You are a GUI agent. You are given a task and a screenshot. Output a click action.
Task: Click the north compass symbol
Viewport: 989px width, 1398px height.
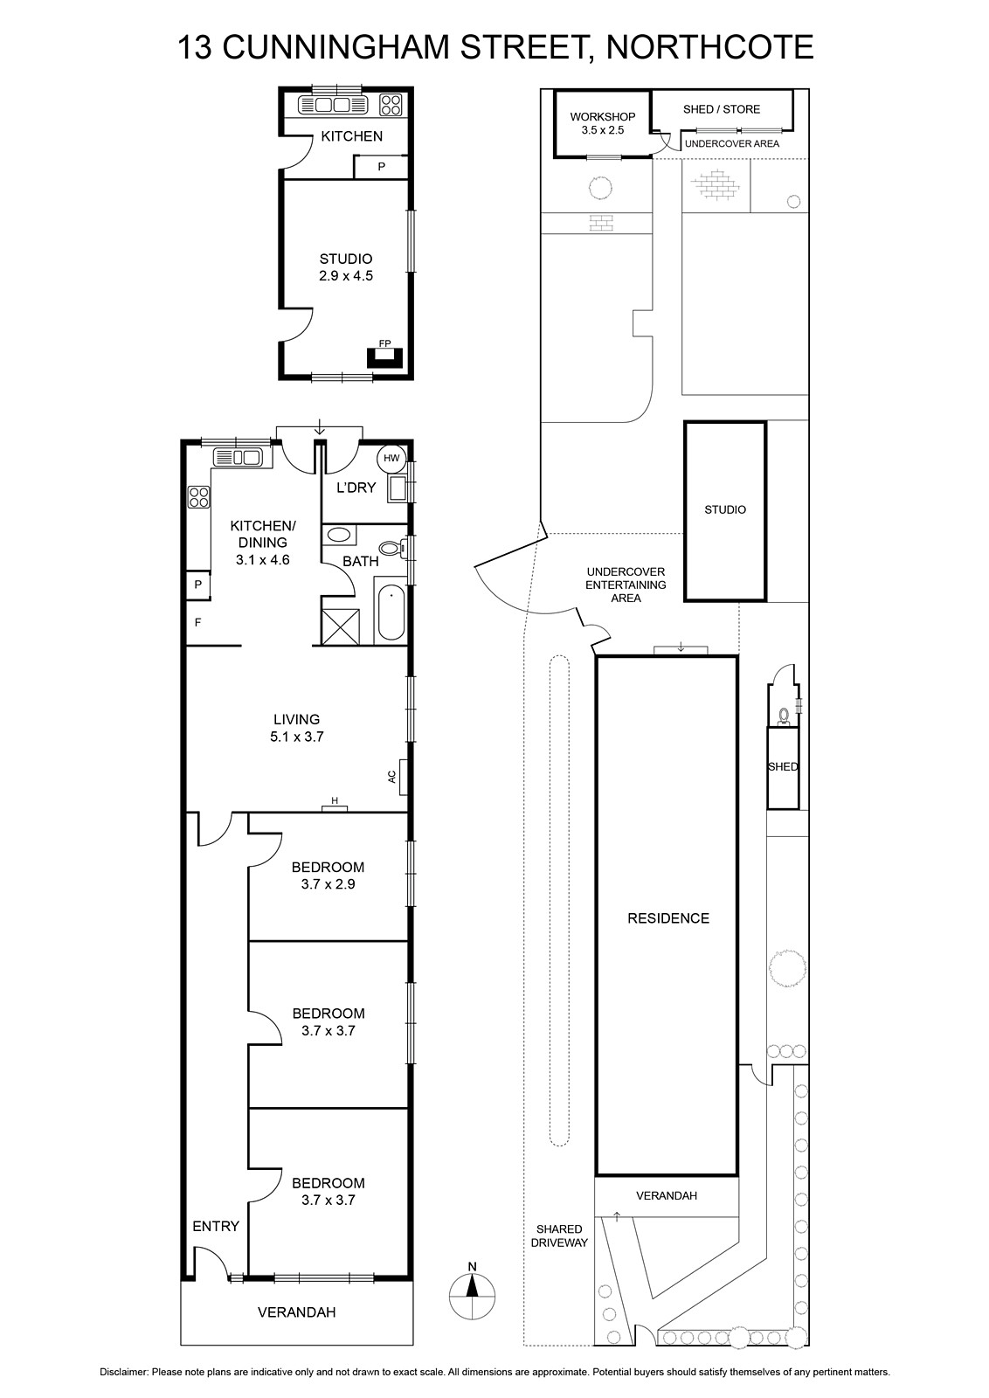pyautogui.click(x=473, y=1296)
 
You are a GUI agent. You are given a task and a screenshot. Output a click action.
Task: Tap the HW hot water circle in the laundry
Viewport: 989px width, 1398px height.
pyautogui.click(x=391, y=459)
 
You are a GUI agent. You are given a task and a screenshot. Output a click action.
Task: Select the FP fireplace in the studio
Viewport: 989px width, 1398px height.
pyautogui.click(x=385, y=357)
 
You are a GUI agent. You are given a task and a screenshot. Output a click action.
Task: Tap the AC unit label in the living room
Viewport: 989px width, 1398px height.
pyautogui.click(x=392, y=777)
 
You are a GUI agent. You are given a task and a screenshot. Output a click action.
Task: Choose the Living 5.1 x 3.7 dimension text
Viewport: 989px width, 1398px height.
pyautogui.click(x=296, y=728)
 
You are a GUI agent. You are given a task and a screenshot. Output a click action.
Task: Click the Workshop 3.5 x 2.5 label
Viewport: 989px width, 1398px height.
pyautogui.click(x=603, y=123)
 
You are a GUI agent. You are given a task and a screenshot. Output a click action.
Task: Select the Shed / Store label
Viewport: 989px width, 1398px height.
pyautogui.click(x=722, y=109)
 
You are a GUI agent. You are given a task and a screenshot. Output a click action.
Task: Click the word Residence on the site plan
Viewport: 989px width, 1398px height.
pyautogui.click(x=668, y=918)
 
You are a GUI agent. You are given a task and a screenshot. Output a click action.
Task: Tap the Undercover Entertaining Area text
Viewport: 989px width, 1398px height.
pyautogui.click(x=626, y=585)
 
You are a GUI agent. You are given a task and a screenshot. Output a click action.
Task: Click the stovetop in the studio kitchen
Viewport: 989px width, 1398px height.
pyautogui.click(x=391, y=104)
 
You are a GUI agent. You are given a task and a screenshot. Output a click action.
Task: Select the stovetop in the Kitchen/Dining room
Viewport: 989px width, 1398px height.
pyautogui.click(x=199, y=497)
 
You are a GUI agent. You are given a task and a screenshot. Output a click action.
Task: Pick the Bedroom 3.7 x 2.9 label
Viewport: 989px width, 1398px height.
pyautogui.click(x=329, y=875)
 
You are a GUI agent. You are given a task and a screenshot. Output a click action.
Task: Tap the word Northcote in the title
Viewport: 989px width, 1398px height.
pyautogui.click(x=710, y=47)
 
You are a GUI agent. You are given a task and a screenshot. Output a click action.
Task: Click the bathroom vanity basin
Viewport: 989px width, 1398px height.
pyautogui.click(x=340, y=535)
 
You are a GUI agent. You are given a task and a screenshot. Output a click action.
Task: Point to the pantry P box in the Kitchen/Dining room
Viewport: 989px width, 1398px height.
pyautogui.click(x=198, y=585)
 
